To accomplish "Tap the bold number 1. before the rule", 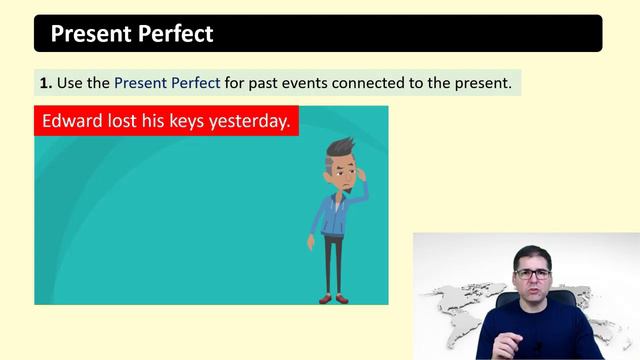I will [x=46, y=83].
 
